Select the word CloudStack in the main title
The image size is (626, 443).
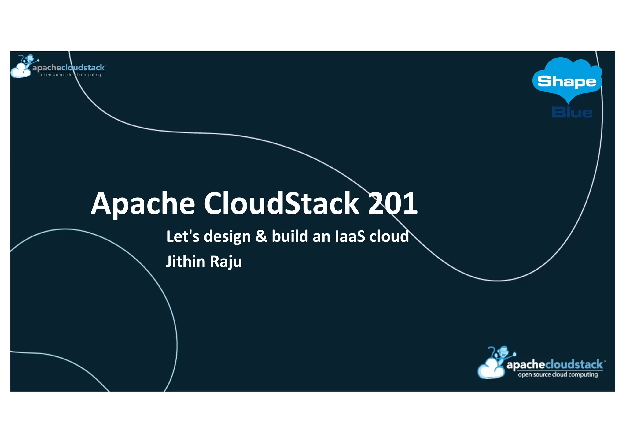coord(281,203)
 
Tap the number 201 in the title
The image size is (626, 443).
coord(392,203)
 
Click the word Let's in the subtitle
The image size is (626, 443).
coord(182,236)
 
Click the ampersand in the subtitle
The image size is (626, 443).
coord(261,236)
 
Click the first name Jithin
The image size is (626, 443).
coord(185,262)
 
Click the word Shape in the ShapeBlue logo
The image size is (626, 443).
coord(567,82)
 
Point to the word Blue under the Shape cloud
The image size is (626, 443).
coord(572,113)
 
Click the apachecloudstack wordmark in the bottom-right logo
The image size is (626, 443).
coord(554,365)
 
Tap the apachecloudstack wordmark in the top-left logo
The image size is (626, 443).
coord(68,68)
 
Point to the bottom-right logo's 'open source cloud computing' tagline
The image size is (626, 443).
coord(558,375)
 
